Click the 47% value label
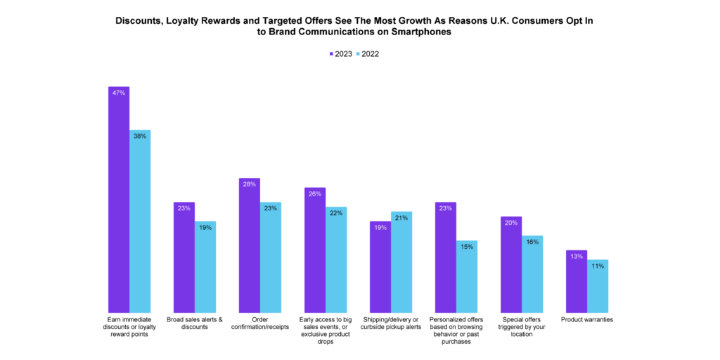(x=118, y=93)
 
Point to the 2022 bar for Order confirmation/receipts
(x=271, y=257)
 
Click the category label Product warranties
(x=587, y=320)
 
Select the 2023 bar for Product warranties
(x=576, y=281)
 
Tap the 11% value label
(x=598, y=266)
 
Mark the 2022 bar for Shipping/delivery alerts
(x=401, y=261)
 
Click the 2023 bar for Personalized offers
(x=445, y=257)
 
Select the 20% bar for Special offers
(x=510, y=264)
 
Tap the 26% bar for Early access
(x=314, y=249)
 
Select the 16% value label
(x=532, y=242)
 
